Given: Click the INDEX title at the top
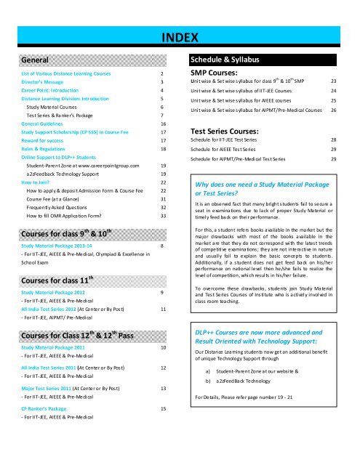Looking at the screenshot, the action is tap(180, 39).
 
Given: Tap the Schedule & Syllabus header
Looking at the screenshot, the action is tap(226, 60).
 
